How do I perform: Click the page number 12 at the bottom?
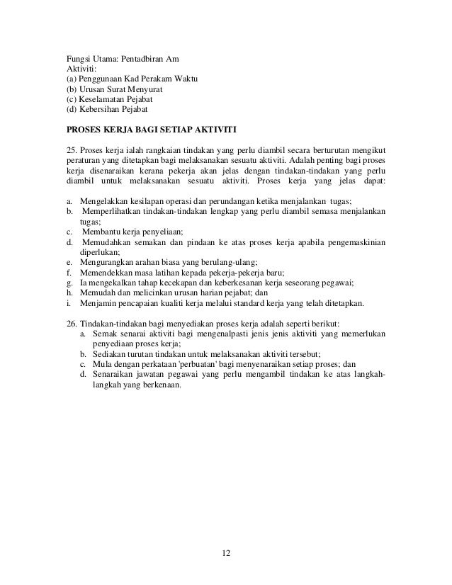pos(227,552)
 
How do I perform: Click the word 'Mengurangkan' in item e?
pos(106,263)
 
